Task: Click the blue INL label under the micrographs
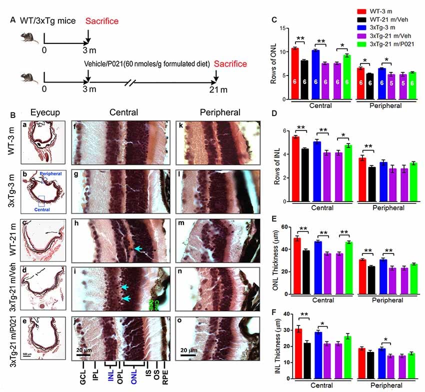click(110, 379)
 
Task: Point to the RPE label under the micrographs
click(166, 379)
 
